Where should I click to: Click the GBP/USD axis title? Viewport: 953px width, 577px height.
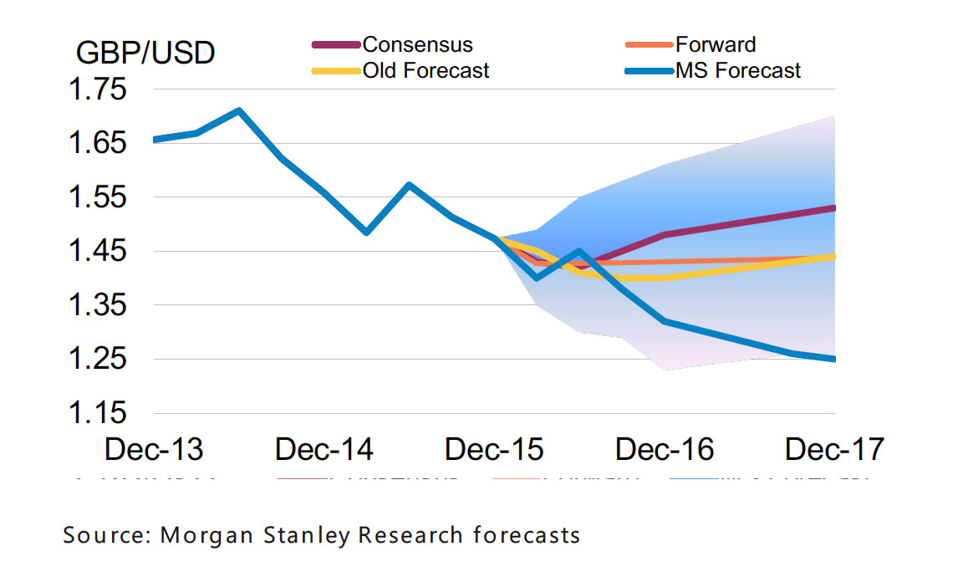145,53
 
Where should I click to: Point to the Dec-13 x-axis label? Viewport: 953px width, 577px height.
154,450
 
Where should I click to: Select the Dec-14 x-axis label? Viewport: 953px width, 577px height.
324,450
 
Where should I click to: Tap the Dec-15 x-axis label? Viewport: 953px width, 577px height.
495,450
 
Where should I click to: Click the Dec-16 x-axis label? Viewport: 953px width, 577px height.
665,450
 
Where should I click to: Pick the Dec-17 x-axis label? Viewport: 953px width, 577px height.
834,450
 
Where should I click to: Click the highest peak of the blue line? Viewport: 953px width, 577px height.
239,110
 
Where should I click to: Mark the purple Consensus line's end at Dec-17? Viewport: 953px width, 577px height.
834,207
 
